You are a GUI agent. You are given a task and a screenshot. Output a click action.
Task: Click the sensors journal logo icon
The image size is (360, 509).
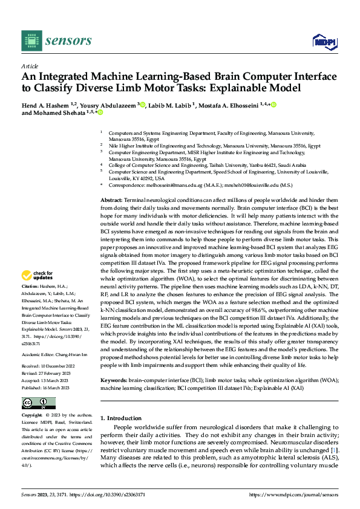32,41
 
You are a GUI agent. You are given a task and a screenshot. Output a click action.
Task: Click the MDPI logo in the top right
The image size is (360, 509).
324,41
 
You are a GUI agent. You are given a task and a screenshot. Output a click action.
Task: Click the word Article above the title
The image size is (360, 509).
29,66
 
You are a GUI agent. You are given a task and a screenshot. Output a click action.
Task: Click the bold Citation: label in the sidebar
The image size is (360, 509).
30,286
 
